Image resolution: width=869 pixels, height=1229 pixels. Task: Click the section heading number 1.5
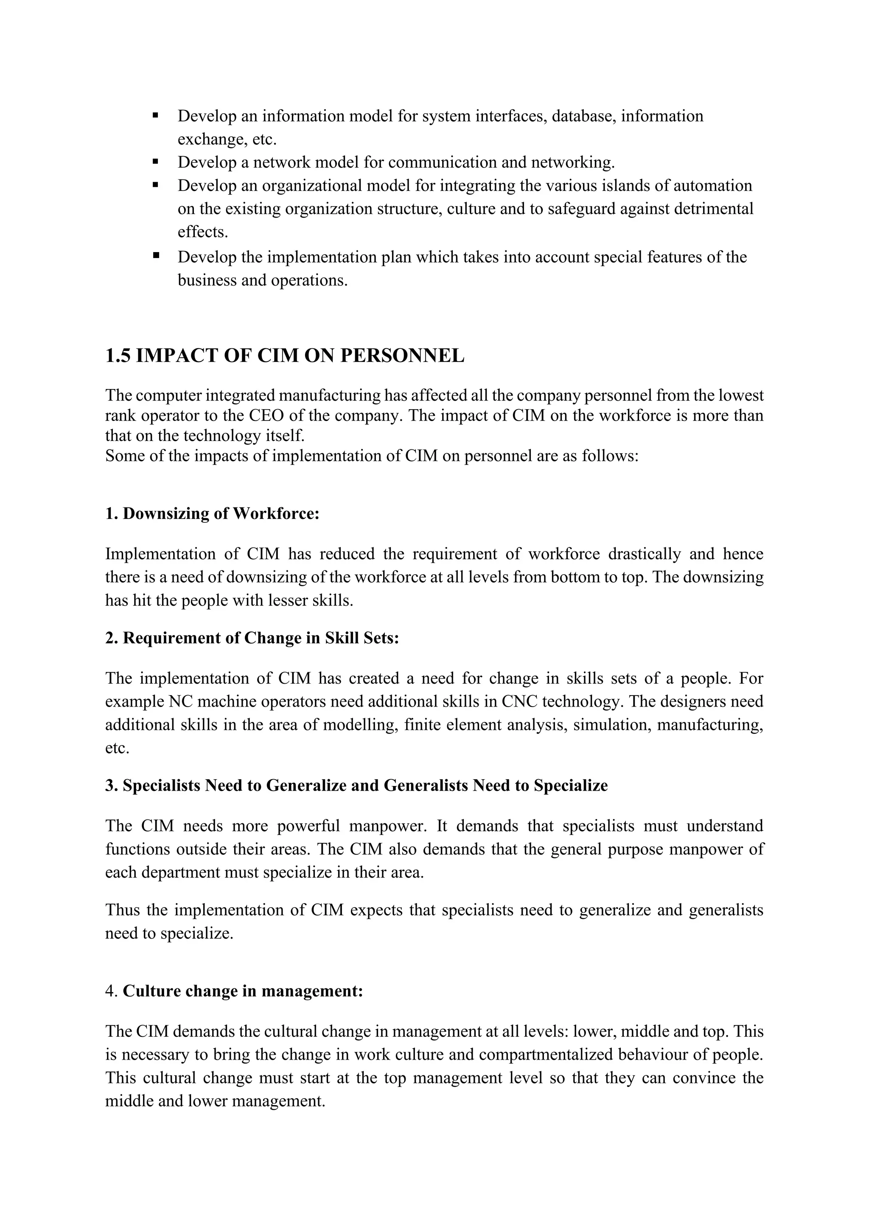click(x=118, y=356)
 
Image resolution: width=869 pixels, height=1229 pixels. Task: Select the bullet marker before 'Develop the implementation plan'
click(x=156, y=256)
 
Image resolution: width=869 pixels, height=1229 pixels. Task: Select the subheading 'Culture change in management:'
click(x=243, y=991)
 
